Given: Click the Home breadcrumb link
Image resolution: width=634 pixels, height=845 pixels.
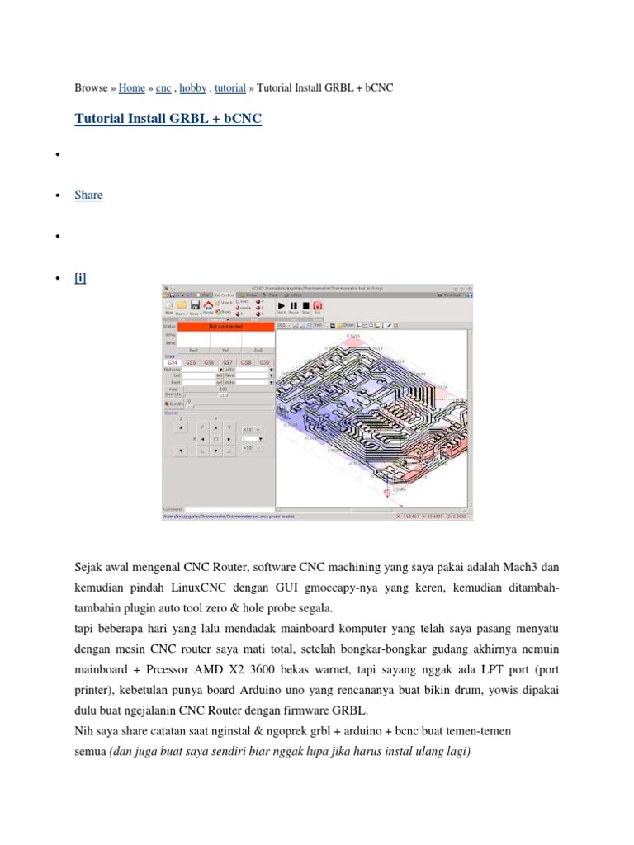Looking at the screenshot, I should pyautogui.click(x=132, y=87).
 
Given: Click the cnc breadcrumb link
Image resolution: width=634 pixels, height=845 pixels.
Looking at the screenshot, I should pyautogui.click(x=163, y=87).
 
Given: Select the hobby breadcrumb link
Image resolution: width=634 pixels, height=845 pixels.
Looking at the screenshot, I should pyautogui.click(x=192, y=87).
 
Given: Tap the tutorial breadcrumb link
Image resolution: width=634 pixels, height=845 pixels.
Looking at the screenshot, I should pyautogui.click(x=230, y=87).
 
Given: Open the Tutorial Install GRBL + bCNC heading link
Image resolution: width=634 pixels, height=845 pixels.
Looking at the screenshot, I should pyautogui.click(x=168, y=119).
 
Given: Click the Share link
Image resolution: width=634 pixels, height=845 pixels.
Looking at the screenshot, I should pyautogui.click(x=88, y=195).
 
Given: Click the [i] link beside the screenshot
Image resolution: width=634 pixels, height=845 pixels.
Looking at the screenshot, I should pyautogui.click(x=80, y=278).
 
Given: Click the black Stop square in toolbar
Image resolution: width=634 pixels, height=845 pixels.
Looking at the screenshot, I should pyautogui.click(x=305, y=306).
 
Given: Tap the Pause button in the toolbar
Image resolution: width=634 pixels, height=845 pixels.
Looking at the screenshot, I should pyautogui.click(x=293, y=306).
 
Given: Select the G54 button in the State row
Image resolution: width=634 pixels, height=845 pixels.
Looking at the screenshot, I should pyautogui.click(x=173, y=362).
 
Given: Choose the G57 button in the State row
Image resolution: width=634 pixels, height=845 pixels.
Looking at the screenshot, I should pyautogui.click(x=228, y=362).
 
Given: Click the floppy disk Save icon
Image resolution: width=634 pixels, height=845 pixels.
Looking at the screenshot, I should pyautogui.click(x=196, y=306).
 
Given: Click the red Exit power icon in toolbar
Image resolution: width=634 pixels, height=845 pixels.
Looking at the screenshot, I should pyautogui.click(x=317, y=306).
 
